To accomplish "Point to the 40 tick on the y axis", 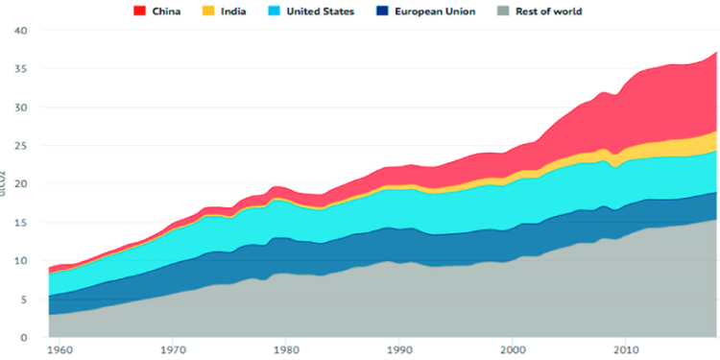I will coord(20,31).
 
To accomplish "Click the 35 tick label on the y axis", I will coord(20,69).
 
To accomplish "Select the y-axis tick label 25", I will coord(20,146).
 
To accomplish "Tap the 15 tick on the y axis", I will coord(20,223).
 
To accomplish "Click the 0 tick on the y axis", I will coord(24,338).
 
